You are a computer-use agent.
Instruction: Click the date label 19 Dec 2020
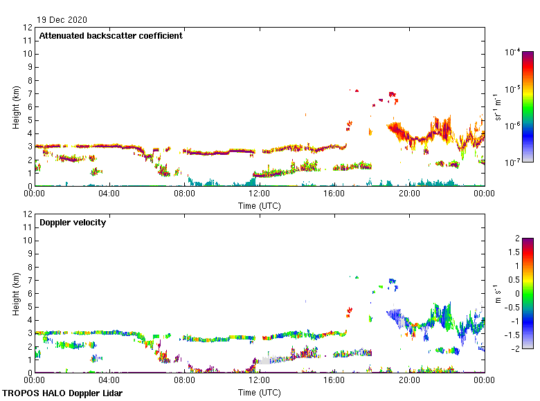point(62,20)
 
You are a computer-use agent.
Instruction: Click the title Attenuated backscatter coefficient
point(111,36)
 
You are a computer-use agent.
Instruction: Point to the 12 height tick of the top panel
point(28,28)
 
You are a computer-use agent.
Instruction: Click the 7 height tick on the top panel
point(29,94)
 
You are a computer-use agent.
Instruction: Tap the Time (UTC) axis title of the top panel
point(260,205)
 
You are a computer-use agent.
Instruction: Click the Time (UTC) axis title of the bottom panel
point(260,392)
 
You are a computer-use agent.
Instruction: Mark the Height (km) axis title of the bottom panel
point(16,294)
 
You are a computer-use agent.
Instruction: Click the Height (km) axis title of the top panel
point(16,107)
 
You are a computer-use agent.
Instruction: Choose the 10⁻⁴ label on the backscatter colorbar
point(512,53)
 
